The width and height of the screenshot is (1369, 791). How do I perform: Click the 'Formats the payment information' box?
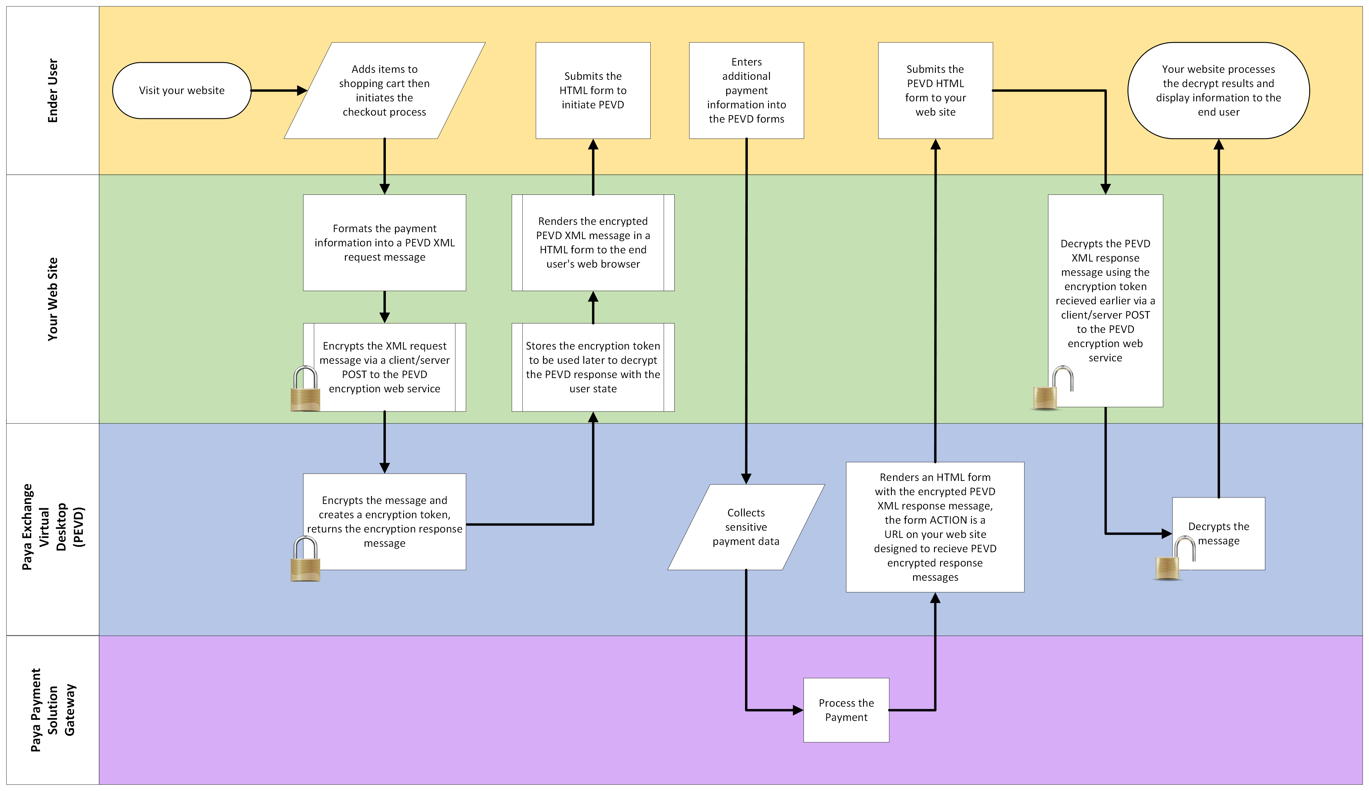point(384,243)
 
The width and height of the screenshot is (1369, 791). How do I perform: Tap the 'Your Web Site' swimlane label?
point(53,299)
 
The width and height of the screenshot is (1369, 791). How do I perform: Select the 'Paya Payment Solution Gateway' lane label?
point(53,710)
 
